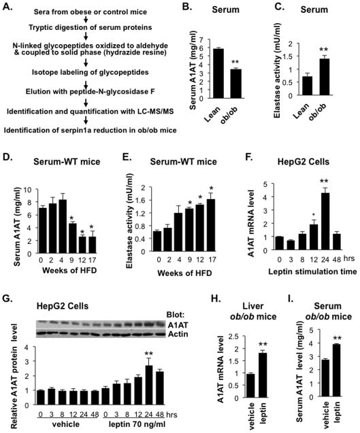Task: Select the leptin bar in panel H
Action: coord(263,375)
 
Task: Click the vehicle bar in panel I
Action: coord(327,379)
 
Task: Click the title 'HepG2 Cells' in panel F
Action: coord(304,161)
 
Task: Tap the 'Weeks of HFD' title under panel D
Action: coord(69,271)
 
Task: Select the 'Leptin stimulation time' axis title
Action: coord(312,272)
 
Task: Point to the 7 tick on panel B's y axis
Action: coord(206,39)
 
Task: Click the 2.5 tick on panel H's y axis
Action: coord(235,336)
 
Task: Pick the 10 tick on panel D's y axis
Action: coord(31,190)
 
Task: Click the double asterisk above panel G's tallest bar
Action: coord(149,353)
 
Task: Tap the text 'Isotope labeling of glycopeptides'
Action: coord(90,72)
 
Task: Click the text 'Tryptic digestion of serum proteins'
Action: coord(90,27)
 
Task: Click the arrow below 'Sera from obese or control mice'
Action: coord(86,20)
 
